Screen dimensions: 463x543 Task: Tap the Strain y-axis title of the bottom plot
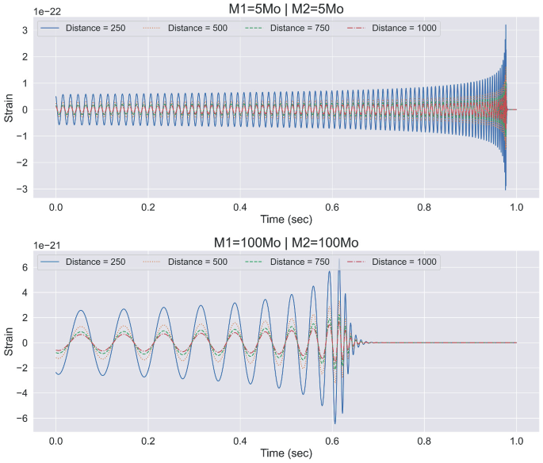point(10,341)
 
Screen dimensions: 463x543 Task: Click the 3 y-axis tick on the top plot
point(25,30)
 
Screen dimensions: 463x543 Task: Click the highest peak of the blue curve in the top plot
point(505,25)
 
